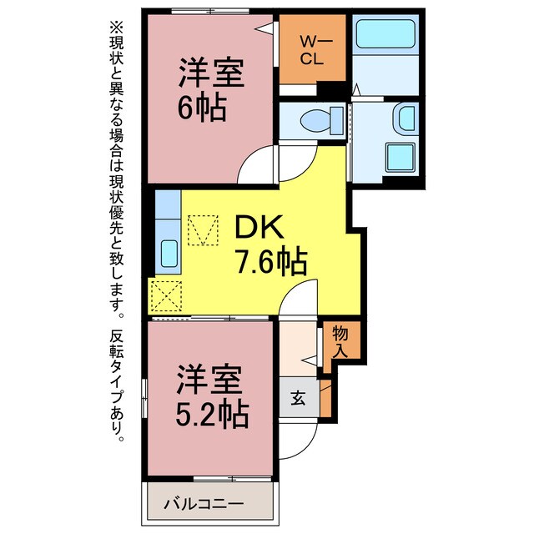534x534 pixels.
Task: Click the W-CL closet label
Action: (x=313, y=51)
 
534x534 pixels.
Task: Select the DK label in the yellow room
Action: (x=259, y=227)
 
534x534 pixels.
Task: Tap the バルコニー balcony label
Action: (x=204, y=503)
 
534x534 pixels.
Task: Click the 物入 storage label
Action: (x=340, y=341)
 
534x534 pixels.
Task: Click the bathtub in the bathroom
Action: (x=385, y=34)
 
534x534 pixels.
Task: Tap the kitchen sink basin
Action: (x=169, y=254)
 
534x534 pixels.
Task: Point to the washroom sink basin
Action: (x=406, y=118)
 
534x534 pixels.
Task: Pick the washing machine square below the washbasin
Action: (x=400, y=158)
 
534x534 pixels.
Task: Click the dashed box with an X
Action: (x=166, y=296)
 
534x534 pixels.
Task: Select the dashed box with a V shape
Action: (x=203, y=230)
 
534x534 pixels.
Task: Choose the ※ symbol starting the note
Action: (x=116, y=28)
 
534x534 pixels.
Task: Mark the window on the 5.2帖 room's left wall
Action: (x=144, y=398)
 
